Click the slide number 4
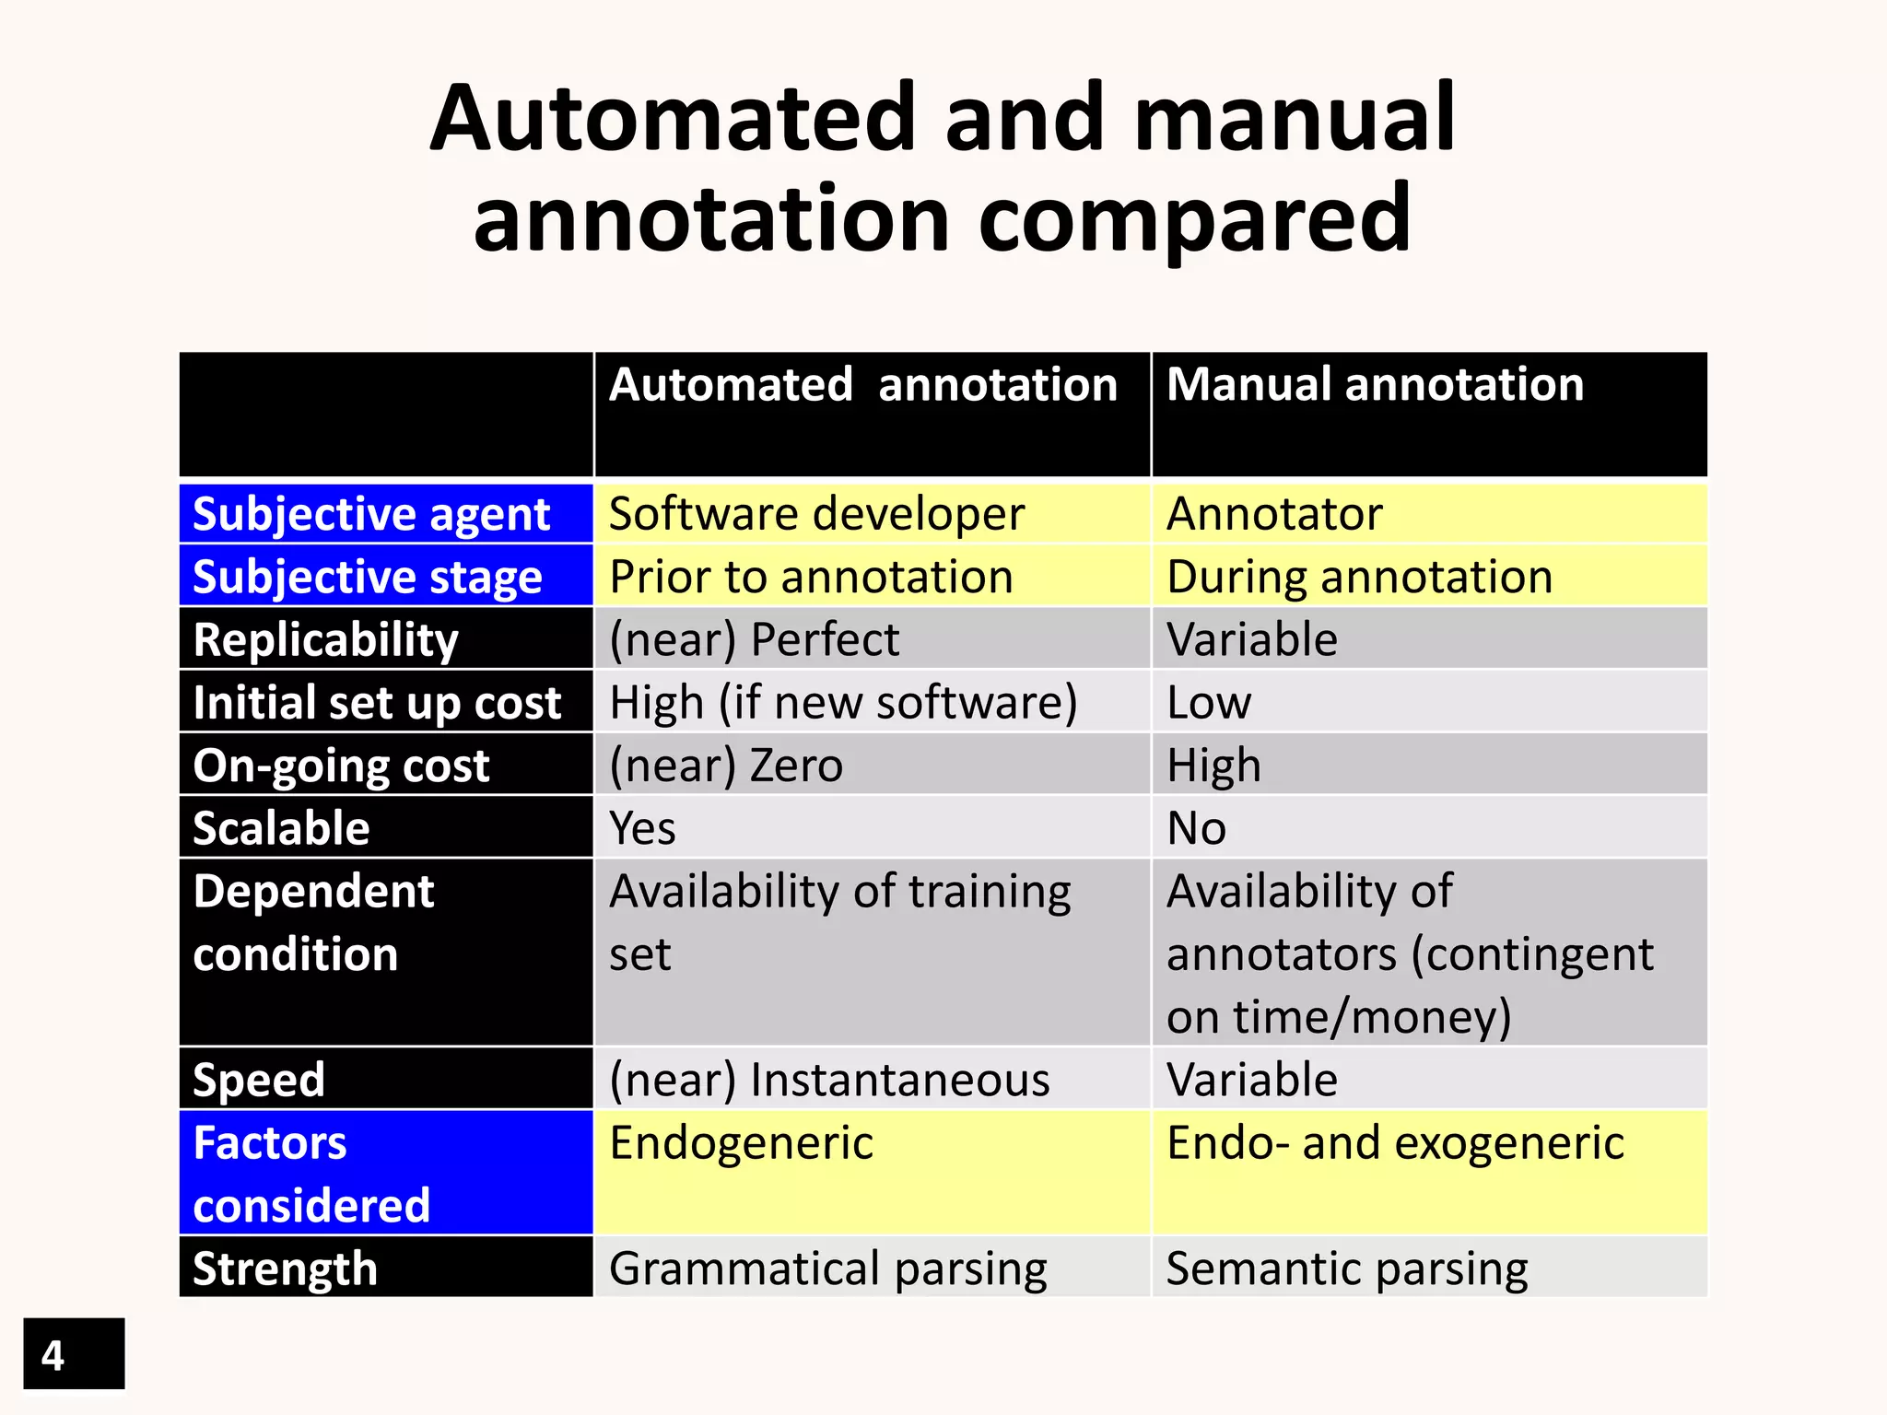pyautogui.click(x=53, y=1355)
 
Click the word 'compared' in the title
pyautogui.click(x=1194, y=219)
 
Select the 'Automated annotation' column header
pyautogui.click(x=863, y=385)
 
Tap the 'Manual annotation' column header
pyautogui.click(x=1375, y=385)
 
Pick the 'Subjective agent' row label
pyautogui.click(x=371, y=514)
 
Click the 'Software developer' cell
pyautogui.click(x=816, y=514)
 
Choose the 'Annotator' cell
pyautogui.click(x=1274, y=514)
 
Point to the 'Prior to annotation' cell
pyautogui.click(x=811, y=578)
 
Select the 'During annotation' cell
pyautogui.click(x=1359, y=578)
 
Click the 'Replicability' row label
pyautogui.click(x=325, y=640)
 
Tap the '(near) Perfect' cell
pyautogui.click(x=754, y=640)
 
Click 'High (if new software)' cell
pyautogui.click(x=843, y=703)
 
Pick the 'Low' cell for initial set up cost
pyautogui.click(x=1209, y=703)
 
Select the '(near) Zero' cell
pyautogui.click(x=726, y=766)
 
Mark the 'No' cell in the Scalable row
pyautogui.click(x=1196, y=828)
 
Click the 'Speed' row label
pyautogui.click(x=259, y=1080)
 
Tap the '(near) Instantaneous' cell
pyautogui.click(x=829, y=1080)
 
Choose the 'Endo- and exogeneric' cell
pyautogui.click(x=1395, y=1143)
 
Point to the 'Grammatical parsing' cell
pyautogui.click(x=827, y=1269)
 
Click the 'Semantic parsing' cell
pyautogui.click(x=1347, y=1269)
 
